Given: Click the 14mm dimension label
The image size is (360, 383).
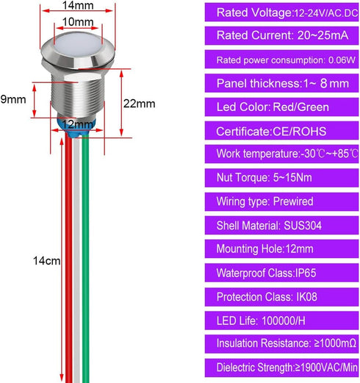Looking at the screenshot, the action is click(78, 5).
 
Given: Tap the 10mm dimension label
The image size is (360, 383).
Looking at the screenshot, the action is click(78, 22).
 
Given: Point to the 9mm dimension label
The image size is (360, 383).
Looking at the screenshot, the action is click(13, 99).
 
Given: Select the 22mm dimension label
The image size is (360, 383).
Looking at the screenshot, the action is click(139, 104).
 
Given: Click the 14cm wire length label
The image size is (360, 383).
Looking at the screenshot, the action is click(46, 261).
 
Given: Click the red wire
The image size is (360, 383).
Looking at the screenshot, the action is click(68, 257).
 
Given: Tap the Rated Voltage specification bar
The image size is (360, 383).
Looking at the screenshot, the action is click(281, 12).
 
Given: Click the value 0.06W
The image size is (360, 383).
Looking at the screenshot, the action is click(342, 60).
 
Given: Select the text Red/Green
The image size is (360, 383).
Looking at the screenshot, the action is click(300, 107).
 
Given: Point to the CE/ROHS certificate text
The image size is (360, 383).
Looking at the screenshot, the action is click(299, 132).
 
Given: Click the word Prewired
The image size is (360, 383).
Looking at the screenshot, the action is click(293, 201).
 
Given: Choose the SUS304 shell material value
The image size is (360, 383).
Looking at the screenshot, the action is click(303, 226).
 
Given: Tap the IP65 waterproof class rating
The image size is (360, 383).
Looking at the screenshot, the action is click(306, 273).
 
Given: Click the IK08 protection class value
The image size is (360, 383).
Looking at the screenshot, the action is click(306, 297).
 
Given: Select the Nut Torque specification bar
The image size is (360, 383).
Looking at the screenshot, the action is click(281, 178).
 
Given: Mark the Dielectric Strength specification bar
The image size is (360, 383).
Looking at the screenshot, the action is click(281, 368).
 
